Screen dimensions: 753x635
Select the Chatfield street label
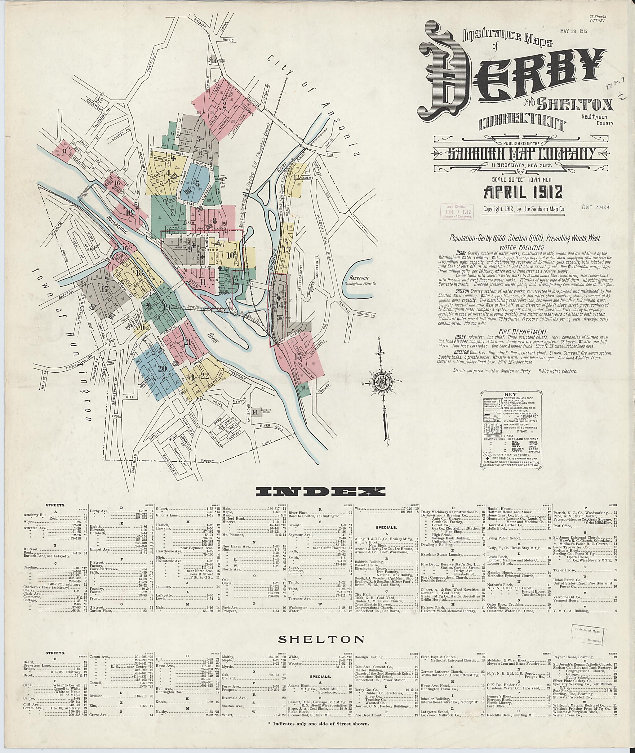[x=153, y=64]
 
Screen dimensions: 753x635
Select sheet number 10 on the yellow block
[x=231, y=255]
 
